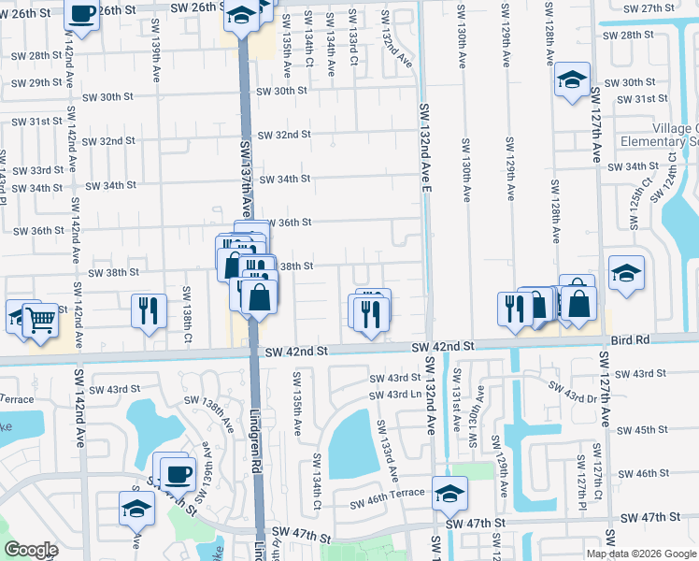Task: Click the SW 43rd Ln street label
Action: (x=397, y=394)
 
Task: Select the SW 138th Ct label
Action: (x=187, y=311)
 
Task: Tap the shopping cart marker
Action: (x=40, y=321)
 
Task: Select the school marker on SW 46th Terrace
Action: (x=449, y=494)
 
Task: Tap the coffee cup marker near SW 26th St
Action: (x=82, y=15)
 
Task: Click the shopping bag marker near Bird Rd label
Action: (x=578, y=304)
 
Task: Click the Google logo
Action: (x=31, y=550)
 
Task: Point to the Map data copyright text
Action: (x=641, y=554)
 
